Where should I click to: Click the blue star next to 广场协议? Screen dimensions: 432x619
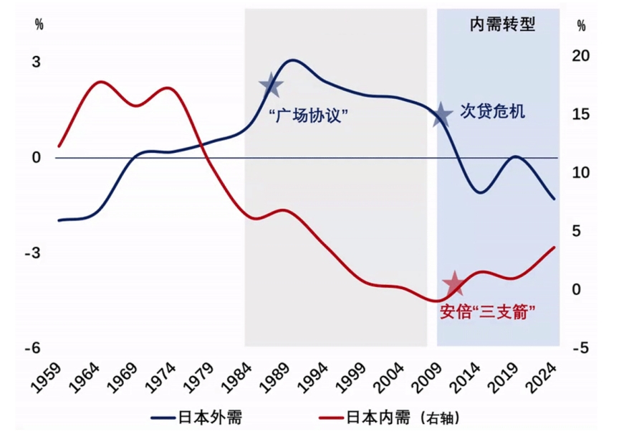272,86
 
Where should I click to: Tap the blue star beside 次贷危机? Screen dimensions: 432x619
442,114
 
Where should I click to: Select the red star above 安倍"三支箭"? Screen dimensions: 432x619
454,285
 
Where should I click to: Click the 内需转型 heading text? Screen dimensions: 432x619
503,24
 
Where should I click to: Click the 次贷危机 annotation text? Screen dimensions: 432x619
493,112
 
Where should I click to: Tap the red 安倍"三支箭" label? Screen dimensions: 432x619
488,311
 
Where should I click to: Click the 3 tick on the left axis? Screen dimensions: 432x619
36,62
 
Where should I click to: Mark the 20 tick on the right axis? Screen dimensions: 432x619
582,57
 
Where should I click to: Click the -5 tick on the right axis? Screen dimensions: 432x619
582,348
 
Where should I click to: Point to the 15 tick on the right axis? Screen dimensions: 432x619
582,115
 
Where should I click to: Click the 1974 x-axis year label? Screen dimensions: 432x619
160,375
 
